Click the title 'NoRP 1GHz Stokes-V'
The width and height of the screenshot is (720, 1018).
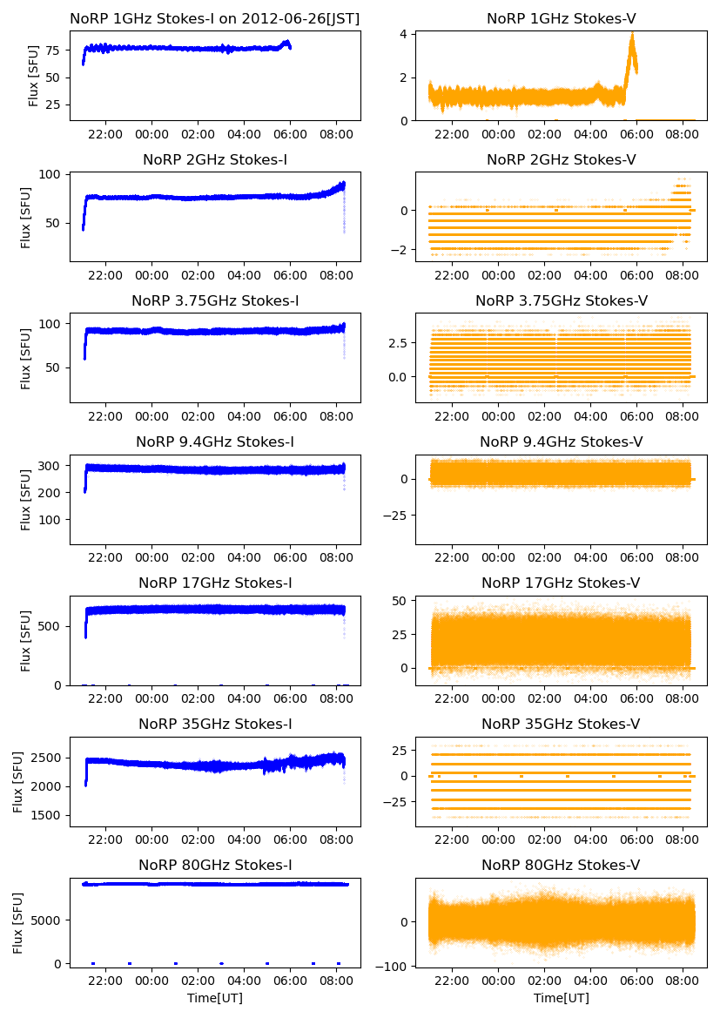click(x=561, y=18)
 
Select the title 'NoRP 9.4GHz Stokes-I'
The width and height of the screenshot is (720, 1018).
click(x=215, y=442)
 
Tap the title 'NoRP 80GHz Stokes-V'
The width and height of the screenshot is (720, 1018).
click(x=561, y=866)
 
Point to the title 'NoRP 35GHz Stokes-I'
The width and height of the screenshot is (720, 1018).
click(x=215, y=725)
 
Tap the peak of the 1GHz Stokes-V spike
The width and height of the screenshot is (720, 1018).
click(x=632, y=34)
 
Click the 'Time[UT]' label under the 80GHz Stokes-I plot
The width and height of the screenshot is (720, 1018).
click(x=215, y=998)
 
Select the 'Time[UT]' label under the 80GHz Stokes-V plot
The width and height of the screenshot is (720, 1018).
click(x=561, y=998)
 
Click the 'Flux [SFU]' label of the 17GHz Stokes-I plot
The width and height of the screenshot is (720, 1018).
click(x=27, y=641)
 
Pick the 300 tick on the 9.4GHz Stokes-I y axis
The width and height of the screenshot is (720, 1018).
click(x=53, y=466)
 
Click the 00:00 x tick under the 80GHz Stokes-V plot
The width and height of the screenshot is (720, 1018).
click(x=498, y=981)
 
